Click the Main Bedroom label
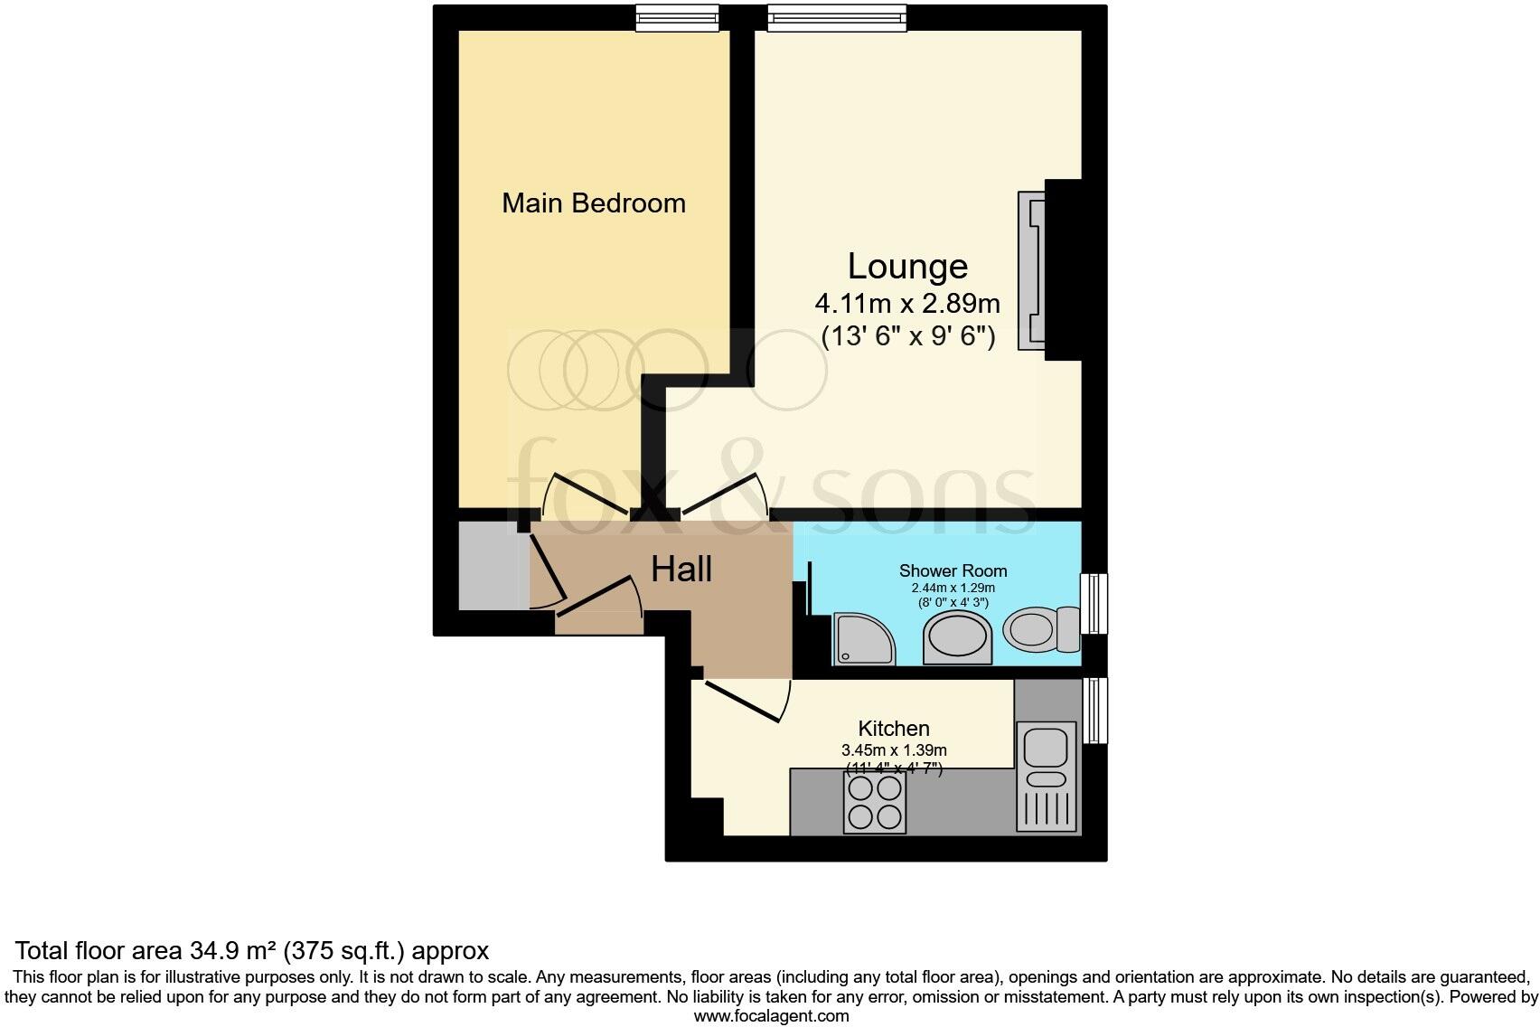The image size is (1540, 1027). [x=594, y=203]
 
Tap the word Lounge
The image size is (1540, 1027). [x=907, y=266]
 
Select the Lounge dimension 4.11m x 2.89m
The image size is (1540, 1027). [x=907, y=302]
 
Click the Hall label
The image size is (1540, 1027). [x=681, y=570]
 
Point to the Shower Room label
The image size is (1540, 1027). [x=953, y=570]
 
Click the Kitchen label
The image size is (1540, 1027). [x=893, y=728]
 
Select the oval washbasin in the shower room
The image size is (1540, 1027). [x=957, y=637]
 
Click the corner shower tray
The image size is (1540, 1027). [x=863, y=638]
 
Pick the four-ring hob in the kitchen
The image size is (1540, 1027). [x=875, y=803]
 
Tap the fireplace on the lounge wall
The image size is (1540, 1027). [x=1032, y=269]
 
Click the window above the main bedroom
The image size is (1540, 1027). [x=677, y=18]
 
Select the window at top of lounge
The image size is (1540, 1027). [x=836, y=18]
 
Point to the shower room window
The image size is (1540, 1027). [x=1094, y=603]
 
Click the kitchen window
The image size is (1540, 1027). [x=1094, y=711]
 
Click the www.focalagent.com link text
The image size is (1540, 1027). [x=771, y=1015]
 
